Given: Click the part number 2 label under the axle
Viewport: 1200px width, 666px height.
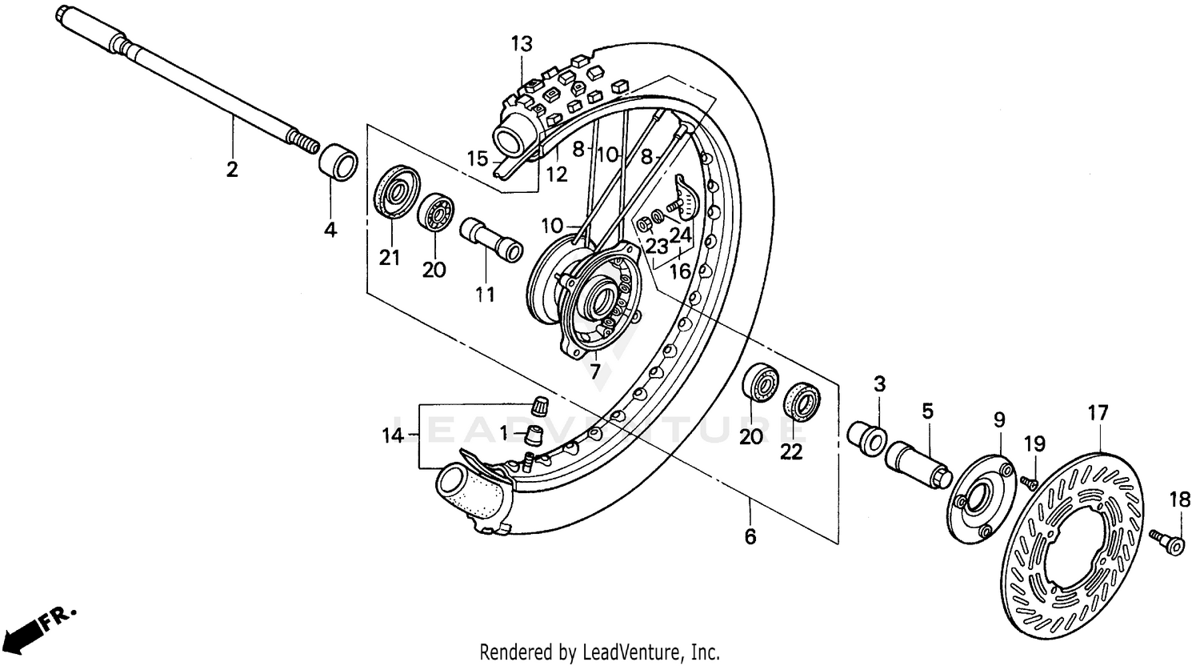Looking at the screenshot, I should click(x=232, y=170).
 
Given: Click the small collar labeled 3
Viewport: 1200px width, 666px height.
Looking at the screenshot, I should click(x=866, y=437).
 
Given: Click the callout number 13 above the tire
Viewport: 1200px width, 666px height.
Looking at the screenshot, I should click(x=522, y=44).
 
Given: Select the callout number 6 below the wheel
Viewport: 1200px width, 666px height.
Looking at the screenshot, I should click(x=750, y=536).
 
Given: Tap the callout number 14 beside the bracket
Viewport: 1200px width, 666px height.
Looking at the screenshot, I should click(x=393, y=435).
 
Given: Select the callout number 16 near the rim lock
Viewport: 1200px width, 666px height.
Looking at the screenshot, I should click(x=680, y=271).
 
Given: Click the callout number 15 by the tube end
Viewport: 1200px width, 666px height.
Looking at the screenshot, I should click(x=478, y=159).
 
